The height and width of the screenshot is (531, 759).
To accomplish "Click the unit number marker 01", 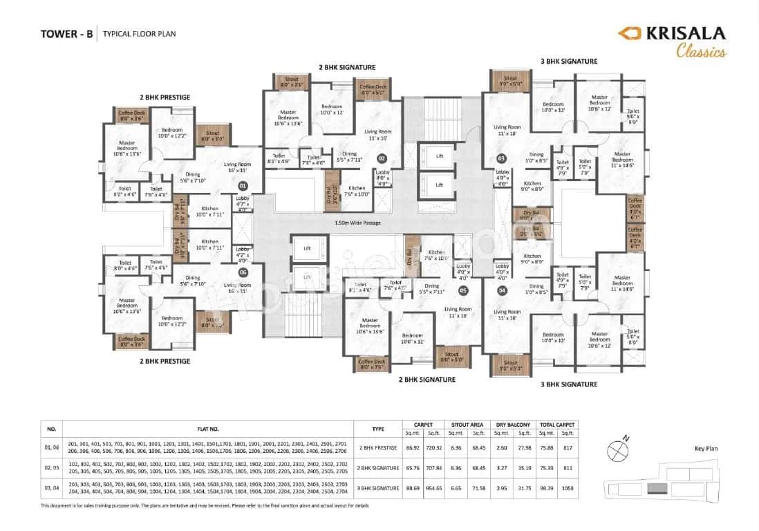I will pos(243,186).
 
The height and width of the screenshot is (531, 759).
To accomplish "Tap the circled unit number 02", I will pos(382,158).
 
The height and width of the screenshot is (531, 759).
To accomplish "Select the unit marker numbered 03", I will pos(502,158).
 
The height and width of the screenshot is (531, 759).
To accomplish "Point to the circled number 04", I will pos(502,291).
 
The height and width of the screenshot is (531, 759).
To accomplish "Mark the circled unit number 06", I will pos(243,272).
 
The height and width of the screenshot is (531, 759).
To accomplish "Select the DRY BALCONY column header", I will pos(513,425).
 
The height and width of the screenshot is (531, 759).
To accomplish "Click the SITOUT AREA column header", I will pos(466,425).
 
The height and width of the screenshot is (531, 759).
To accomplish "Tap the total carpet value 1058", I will pos(567,488).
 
